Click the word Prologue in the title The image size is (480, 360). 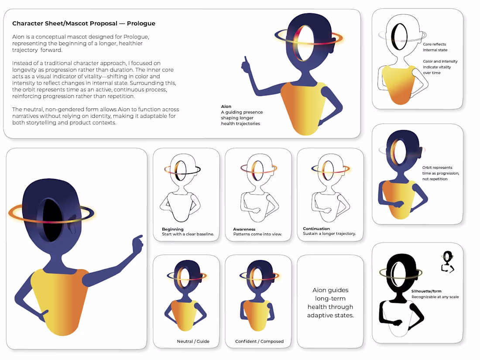point(141,24)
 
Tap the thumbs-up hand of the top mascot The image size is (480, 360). point(246,65)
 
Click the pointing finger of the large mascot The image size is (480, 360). point(138,243)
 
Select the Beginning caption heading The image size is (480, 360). point(173,229)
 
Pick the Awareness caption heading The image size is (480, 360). point(244,229)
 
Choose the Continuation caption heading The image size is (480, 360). point(316,229)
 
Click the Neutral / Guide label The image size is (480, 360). point(193,341)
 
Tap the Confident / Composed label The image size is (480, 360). point(259,341)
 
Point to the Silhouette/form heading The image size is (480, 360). point(426,291)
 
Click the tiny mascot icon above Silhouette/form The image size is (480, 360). point(448,262)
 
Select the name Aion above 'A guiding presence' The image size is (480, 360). point(226,106)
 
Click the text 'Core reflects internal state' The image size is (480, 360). point(435,47)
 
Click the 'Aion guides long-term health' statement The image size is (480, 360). point(330,302)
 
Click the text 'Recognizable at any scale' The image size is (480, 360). point(435,297)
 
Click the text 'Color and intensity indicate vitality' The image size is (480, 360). point(440,67)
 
